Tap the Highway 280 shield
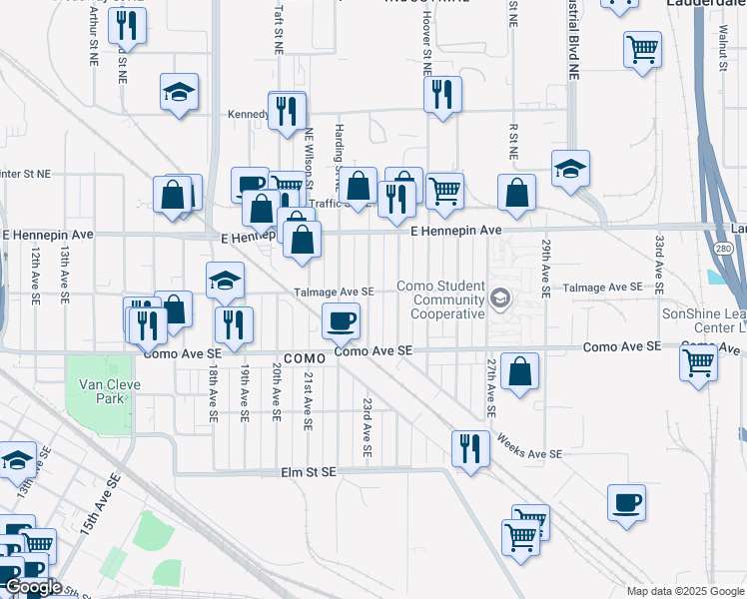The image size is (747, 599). point(721,249)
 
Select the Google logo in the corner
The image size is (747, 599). point(33,587)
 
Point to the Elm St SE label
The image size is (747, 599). point(308,472)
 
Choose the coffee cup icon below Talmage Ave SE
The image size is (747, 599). point(341,320)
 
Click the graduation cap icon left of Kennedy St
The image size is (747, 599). point(180,92)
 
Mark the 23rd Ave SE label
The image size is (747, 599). point(368,427)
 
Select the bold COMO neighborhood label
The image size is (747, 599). point(305,358)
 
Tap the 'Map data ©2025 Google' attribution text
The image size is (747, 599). point(684,591)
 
